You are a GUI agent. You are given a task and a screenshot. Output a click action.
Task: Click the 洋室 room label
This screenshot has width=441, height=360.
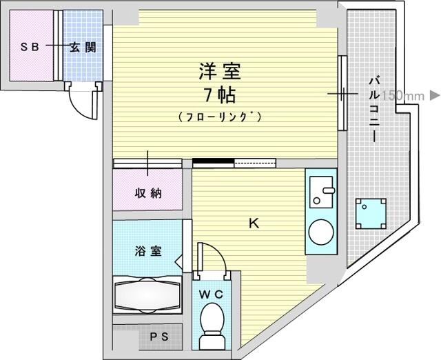click(220, 72)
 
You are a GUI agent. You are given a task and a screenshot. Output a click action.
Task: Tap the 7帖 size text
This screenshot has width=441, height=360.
click(220, 95)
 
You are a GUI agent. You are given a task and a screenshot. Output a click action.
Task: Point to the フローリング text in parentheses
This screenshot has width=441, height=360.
click(220, 117)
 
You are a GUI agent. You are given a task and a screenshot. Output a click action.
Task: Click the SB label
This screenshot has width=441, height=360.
click(30, 47)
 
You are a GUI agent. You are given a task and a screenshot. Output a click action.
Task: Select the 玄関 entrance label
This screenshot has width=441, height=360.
click(83, 47)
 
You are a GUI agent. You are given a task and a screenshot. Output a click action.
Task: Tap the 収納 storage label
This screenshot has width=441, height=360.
click(148, 193)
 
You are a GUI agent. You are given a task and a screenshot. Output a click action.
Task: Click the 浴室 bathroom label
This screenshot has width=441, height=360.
click(148, 251)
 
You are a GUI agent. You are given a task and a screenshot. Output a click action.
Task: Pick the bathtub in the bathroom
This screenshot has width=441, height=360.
click(147, 295)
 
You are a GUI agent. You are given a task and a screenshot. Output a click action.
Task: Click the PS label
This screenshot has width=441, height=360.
click(159, 337)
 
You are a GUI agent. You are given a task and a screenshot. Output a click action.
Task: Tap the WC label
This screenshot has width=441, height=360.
click(211, 294)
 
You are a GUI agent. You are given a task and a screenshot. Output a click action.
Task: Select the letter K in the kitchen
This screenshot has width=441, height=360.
click(254, 223)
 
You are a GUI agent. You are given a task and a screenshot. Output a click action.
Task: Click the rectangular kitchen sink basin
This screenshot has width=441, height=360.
click(322, 192)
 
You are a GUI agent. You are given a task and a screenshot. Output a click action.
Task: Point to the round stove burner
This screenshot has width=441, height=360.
click(321, 232)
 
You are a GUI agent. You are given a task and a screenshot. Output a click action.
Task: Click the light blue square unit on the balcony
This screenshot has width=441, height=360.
click(371, 214)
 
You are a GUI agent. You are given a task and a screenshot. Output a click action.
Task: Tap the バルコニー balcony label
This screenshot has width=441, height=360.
click(374, 110)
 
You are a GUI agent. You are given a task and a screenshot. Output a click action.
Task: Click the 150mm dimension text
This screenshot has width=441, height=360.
click(402, 96)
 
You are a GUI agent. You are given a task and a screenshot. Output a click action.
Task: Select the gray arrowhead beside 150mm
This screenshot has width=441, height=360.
click(435, 95)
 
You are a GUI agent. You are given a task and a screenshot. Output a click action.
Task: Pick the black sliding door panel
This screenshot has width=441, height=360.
click(213, 161)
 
